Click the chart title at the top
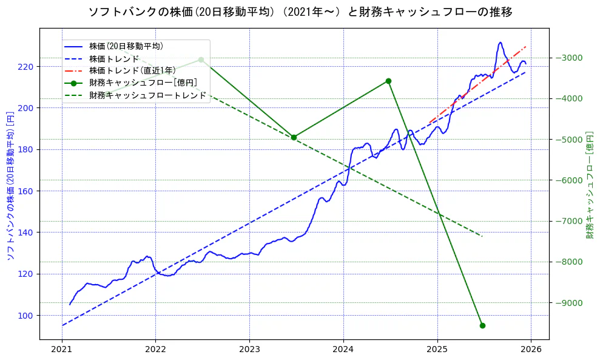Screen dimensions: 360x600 300,12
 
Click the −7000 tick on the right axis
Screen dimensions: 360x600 567,221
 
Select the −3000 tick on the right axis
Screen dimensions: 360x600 567,58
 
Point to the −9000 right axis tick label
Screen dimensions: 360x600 567,303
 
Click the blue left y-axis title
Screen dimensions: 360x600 10,186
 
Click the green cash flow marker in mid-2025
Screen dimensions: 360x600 482,325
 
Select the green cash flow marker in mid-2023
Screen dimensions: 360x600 294,137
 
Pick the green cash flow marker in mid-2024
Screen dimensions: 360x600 388,81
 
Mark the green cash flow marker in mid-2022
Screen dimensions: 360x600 201,59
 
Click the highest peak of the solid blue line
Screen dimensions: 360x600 501,42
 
